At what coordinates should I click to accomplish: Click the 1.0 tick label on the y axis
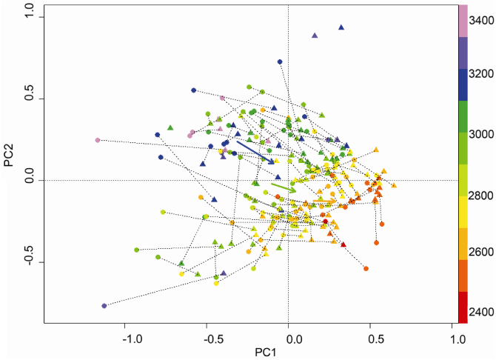tap(25, 16)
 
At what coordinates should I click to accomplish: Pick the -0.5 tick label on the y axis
tap(25, 261)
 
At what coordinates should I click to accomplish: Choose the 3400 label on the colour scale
tap(481, 20)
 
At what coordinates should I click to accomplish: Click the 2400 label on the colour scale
tap(481, 312)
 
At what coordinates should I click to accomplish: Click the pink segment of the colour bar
tap(463, 21)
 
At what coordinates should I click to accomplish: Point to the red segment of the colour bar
tap(463, 307)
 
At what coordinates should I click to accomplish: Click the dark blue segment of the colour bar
tap(463, 84)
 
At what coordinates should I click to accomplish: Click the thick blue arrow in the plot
tap(255, 151)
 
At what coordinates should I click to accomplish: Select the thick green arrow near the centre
tap(284, 187)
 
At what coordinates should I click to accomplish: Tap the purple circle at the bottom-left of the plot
tap(104, 306)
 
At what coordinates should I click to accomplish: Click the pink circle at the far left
tap(98, 140)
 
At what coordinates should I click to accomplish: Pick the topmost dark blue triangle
tap(341, 27)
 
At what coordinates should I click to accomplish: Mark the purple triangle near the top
tap(315, 35)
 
